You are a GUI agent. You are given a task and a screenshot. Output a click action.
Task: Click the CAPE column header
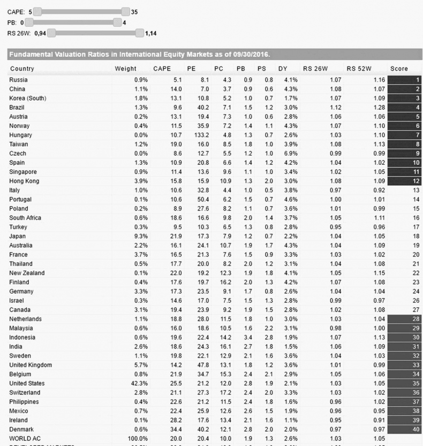(162, 69)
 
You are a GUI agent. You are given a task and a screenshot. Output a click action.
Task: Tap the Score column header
(398, 69)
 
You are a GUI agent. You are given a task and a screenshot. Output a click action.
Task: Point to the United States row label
(27, 383)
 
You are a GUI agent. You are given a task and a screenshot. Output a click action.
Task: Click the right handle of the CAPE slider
(126, 11)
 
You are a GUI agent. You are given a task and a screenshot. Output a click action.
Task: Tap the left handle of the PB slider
(29, 22)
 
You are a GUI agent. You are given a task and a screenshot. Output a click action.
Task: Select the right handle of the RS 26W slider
(140, 34)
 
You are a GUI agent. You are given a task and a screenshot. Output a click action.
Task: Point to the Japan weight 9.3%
(141, 236)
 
